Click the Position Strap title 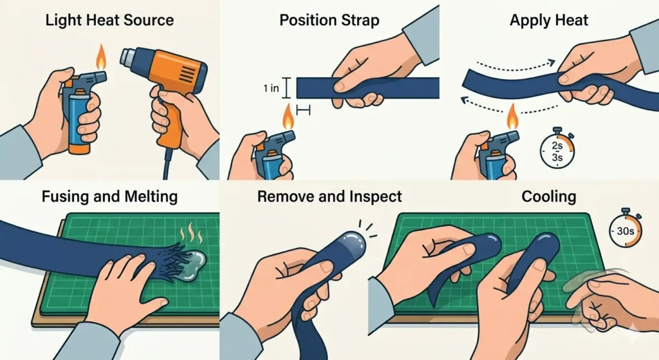(x=329, y=19)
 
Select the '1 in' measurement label (x=270, y=88)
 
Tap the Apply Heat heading (x=548, y=19)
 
